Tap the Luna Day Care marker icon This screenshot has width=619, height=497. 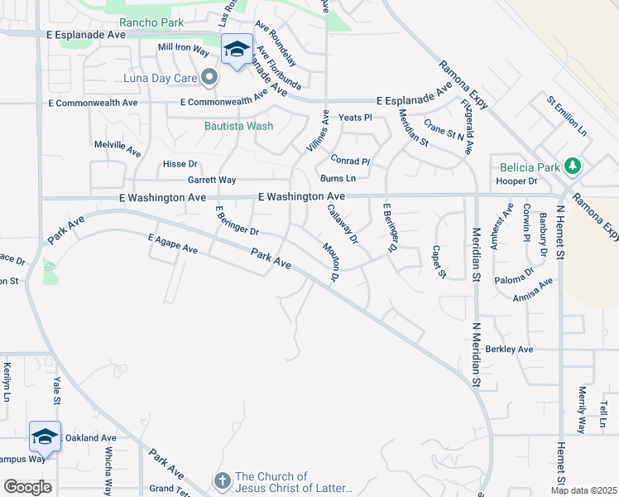[x=209, y=78]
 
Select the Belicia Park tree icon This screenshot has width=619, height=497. [x=572, y=166]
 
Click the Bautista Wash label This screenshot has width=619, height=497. [x=239, y=126]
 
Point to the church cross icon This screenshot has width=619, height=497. [x=222, y=480]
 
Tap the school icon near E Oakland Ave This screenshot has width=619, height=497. [x=45, y=436]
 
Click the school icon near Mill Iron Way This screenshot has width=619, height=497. [x=237, y=50]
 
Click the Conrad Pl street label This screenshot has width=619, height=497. [x=349, y=160]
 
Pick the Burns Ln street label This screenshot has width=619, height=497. [x=338, y=178]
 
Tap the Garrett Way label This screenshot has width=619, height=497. [x=212, y=180]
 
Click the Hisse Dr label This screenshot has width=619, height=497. [x=180, y=164]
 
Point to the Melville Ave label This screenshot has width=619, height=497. [x=118, y=148]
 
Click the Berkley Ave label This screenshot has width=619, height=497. [x=509, y=350]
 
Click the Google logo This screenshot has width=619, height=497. [x=27, y=487]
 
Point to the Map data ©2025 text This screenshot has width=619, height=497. [x=583, y=490]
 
